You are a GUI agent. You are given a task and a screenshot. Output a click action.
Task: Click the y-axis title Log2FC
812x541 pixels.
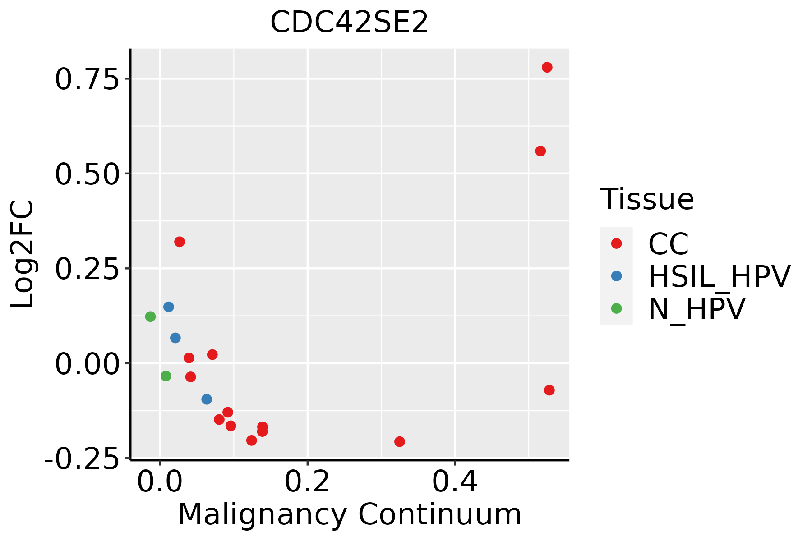tap(23, 254)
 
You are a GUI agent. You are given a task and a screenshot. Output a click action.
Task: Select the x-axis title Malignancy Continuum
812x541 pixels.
tap(350, 514)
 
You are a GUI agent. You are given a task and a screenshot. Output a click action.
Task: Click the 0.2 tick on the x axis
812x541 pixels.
tap(307, 482)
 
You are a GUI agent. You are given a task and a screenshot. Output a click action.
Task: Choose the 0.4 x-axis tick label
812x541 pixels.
tap(455, 482)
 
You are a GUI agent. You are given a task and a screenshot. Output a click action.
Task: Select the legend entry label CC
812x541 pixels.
tap(669, 244)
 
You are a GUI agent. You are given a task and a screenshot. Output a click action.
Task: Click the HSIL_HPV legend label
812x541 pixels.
tap(719, 276)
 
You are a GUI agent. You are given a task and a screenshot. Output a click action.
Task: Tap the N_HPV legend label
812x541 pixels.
tap(697, 309)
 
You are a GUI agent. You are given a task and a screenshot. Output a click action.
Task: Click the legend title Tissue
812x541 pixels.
tap(647, 199)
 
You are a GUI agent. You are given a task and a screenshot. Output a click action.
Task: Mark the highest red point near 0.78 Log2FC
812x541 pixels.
tap(547, 68)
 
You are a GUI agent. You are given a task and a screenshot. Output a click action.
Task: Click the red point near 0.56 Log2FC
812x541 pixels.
tap(540, 151)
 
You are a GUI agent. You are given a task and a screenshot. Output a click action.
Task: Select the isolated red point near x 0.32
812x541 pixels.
tap(400, 441)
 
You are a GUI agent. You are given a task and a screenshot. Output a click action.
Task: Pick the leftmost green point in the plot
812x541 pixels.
tap(151, 316)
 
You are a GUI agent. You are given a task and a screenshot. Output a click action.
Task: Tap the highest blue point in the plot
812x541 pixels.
tap(169, 307)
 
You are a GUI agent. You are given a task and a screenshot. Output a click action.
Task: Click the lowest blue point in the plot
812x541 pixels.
tap(207, 399)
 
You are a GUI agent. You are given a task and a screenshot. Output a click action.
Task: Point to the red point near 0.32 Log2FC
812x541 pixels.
tap(180, 242)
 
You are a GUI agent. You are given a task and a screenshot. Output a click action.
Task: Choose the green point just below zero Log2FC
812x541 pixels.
tap(166, 376)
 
